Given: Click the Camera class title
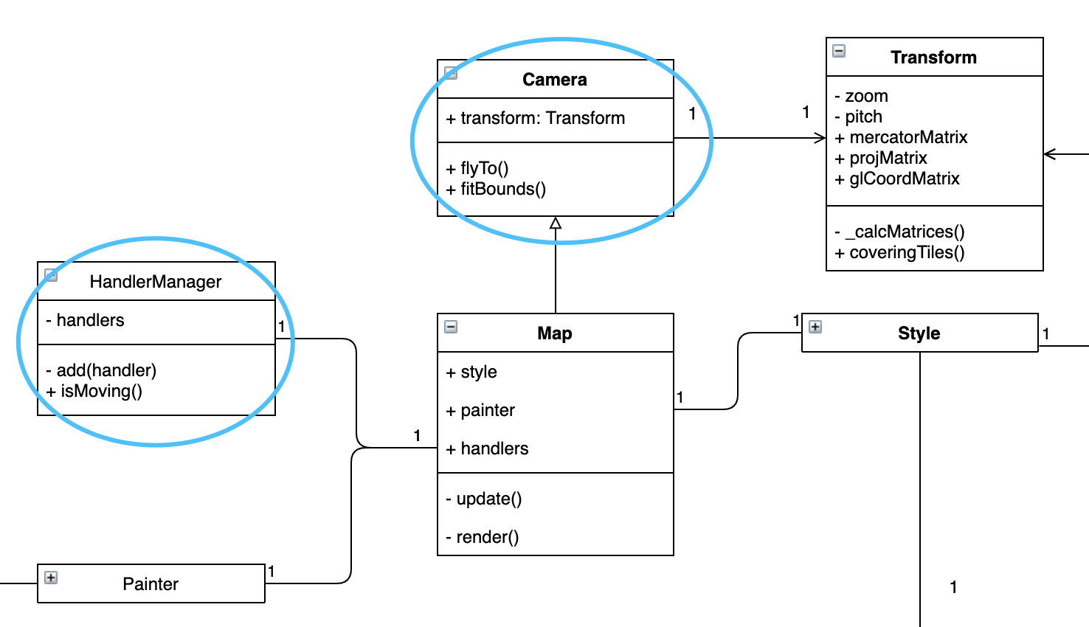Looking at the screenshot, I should coord(555,80).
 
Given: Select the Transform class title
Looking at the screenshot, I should coord(933,58).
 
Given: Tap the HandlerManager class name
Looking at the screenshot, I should coord(156,282).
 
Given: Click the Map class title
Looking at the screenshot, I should coord(555,333).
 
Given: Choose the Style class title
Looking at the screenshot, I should coord(919,333).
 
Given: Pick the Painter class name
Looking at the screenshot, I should coord(151,584).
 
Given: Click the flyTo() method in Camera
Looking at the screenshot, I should coord(477,168).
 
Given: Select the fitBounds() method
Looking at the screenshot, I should coord(496,189).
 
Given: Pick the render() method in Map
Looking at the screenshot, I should coord(483,537).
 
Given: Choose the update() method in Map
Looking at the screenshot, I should coord(484,499).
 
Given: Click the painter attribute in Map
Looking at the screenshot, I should coord(480,410).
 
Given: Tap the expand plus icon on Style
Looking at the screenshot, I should coord(815,327).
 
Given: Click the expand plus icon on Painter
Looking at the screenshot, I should coord(51,578).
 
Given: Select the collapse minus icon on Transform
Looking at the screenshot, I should coord(839,51).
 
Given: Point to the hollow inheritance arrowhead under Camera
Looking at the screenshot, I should coord(556,223).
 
